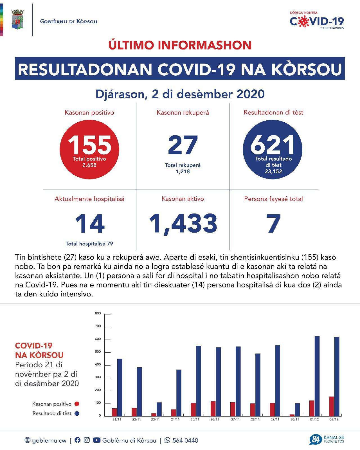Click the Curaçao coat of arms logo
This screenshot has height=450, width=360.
[18, 19]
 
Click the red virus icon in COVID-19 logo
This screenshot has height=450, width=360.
[303, 22]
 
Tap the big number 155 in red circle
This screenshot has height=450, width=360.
[89, 145]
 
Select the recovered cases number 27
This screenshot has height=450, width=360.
[183, 145]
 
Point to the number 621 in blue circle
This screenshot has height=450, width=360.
[273, 145]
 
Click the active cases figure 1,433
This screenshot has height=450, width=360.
[183, 224]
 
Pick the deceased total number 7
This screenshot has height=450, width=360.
[274, 224]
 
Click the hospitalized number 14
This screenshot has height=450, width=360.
[89, 224]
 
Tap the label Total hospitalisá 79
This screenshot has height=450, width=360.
[89, 244]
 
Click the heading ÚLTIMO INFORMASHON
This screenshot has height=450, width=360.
[180, 45]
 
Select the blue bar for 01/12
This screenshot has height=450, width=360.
[317, 376]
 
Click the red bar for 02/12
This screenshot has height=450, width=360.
[332, 406]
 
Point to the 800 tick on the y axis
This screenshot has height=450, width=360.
[98, 313]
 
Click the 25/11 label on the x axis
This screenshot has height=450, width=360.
[195, 419]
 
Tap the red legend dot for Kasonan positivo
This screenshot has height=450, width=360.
[76, 404]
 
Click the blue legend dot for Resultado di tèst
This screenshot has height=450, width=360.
[76, 413]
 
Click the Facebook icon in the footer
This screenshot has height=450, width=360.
[77, 440]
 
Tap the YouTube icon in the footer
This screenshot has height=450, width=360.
[96, 440]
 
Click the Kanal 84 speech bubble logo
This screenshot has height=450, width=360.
[315, 440]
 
